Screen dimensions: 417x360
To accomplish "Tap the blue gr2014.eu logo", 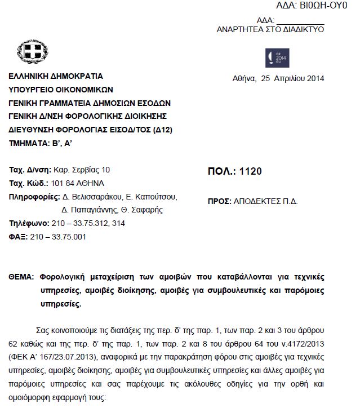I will (277, 58).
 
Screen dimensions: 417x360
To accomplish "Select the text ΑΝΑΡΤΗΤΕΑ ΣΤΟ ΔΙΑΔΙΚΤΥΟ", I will (270, 29).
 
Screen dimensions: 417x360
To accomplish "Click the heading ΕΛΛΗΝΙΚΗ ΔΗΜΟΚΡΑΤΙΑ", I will (56, 76).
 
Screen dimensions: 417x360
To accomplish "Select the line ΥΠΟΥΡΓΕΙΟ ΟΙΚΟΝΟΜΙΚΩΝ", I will (61, 89).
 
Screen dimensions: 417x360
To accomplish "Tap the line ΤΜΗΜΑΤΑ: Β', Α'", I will (41, 144).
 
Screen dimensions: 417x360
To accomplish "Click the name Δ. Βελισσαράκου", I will (90, 197).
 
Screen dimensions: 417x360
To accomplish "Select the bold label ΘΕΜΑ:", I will (22, 277).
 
